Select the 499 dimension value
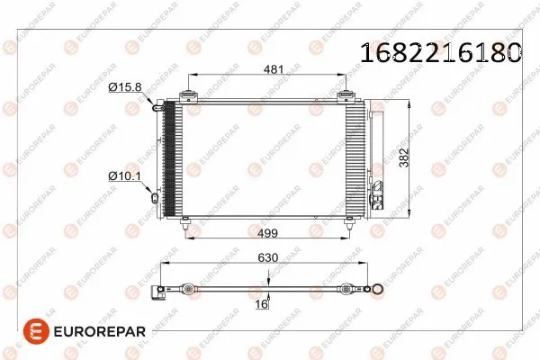coord(268,234)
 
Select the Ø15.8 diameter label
coord(124,86)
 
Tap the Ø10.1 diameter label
coord(123,176)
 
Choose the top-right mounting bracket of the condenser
coord(346,95)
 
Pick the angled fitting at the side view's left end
coord(161,292)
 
